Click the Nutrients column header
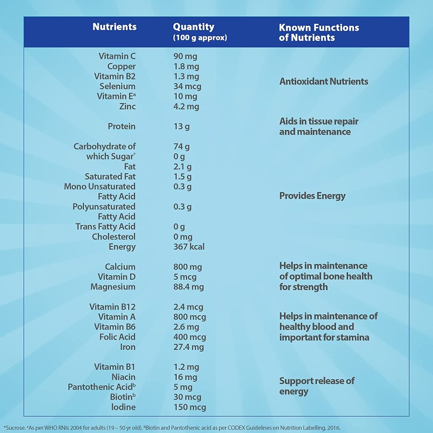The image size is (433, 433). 114,27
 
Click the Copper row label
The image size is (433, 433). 121,66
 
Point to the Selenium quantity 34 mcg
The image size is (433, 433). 187,86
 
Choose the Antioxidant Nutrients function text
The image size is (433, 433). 323,81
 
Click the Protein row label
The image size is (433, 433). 121,126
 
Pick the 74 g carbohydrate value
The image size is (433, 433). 181,146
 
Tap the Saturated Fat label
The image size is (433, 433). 110,177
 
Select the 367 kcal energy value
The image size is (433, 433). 189,247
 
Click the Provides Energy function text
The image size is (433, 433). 312,196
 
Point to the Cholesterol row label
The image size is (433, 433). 113,237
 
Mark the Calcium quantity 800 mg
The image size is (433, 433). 187,267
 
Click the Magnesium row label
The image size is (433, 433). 113,287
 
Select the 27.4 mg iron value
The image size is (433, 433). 188,347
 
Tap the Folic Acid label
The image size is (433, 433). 117,337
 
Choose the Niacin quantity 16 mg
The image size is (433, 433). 185,377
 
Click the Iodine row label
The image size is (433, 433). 123,407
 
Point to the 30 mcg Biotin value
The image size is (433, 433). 187,397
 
